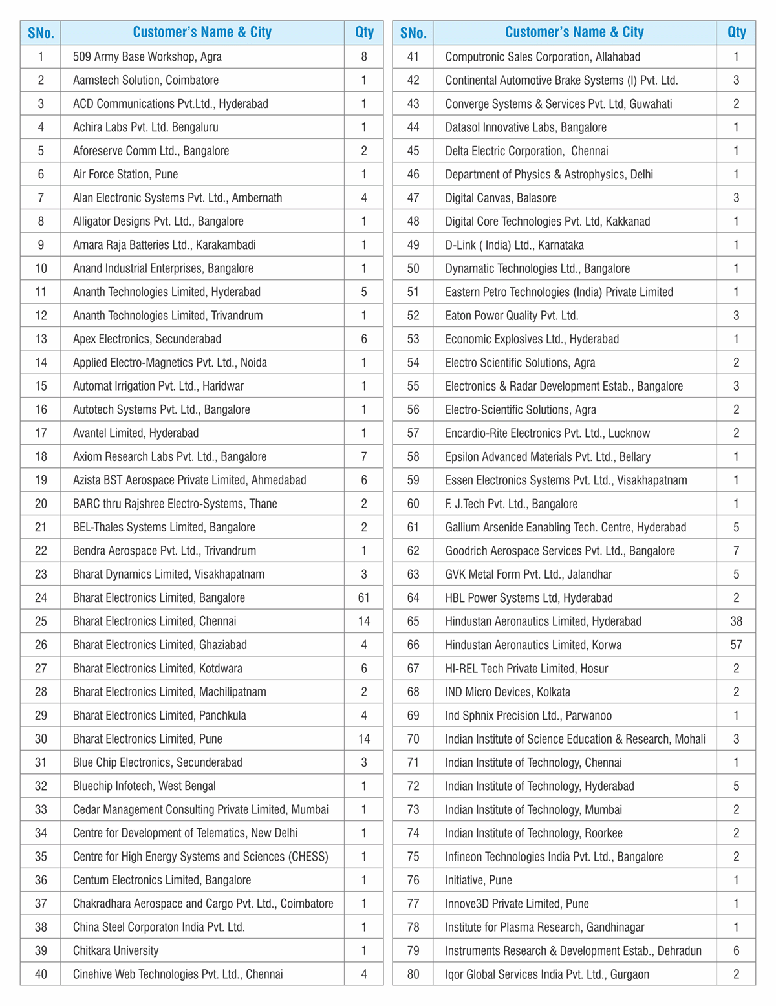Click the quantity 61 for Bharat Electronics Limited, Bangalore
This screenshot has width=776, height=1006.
point(364,598)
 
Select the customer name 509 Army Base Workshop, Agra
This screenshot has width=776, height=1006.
point(147,57)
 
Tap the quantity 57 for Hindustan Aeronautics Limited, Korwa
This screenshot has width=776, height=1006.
point(736,645)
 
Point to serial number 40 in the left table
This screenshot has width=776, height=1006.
point(41,974)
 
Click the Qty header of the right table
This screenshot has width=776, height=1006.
point(736,32)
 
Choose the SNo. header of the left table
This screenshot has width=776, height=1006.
point(41,32)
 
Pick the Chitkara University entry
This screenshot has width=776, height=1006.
point(116,950)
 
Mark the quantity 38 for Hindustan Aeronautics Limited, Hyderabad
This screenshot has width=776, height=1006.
point(736,621)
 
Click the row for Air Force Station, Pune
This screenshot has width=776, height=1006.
point(125,175)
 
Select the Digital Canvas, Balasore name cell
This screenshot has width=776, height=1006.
point(501,198)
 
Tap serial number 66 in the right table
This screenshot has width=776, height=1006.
point(413,645)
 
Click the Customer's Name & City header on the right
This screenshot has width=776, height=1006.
point(574,32)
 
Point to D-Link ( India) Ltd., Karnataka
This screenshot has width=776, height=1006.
point(515,245)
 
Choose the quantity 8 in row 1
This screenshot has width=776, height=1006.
point(364,57)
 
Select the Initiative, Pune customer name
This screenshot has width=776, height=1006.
point(479,880)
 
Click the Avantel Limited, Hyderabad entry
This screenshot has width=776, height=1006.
point(136,433)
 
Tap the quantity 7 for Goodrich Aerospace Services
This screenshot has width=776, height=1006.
point(736,551)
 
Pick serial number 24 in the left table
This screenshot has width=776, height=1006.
point(41,598)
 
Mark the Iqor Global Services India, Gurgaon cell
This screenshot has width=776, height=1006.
point(547,974)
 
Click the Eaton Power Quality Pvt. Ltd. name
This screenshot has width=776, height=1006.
point(512,316)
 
